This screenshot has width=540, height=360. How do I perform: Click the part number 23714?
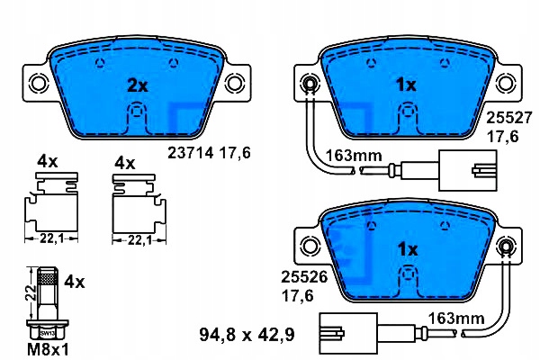click(191, 153)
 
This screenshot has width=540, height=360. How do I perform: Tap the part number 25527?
click(509, 118)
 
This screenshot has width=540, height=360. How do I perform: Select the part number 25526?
click(304, 276)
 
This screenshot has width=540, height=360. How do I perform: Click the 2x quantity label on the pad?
click(138, 85)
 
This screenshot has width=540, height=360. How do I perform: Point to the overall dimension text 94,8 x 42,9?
click(247, 335)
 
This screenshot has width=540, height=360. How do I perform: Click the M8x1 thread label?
click(48, 350)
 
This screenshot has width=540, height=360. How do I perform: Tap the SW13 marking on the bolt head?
click(47, 334)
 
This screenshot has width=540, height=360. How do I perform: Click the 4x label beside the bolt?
click(75, 283)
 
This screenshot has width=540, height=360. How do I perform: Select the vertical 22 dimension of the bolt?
click(31, 292)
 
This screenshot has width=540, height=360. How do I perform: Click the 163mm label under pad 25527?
click(354, 156)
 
